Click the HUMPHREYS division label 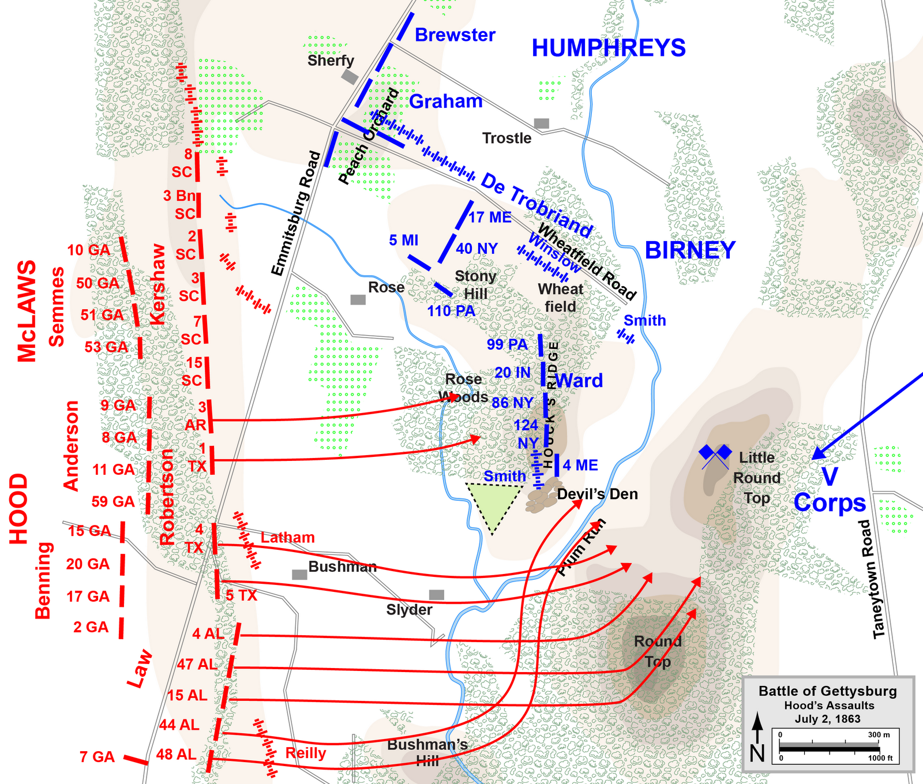(609, 48)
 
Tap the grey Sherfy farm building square (350, 77)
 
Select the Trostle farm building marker (541, 123)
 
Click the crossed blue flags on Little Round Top (715, 455)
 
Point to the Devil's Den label (597, 494)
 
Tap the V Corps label (830, 490)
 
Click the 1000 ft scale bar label (880, 758)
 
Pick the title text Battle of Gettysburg (828, 691)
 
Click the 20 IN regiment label (512, 373)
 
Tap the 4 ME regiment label (580, 465)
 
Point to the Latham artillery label (287, 538)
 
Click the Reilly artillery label (306, 753)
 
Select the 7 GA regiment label (97, 756)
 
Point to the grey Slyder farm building (437, 595)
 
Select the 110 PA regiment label (451, 311)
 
